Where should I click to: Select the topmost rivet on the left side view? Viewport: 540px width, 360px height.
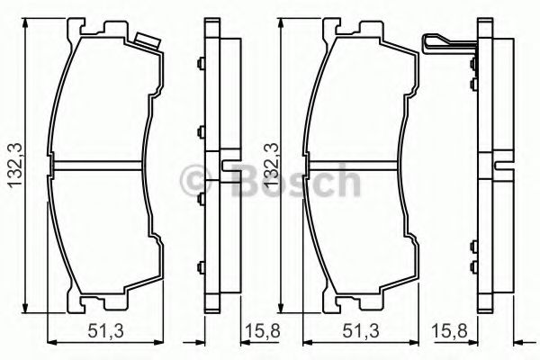199,64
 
